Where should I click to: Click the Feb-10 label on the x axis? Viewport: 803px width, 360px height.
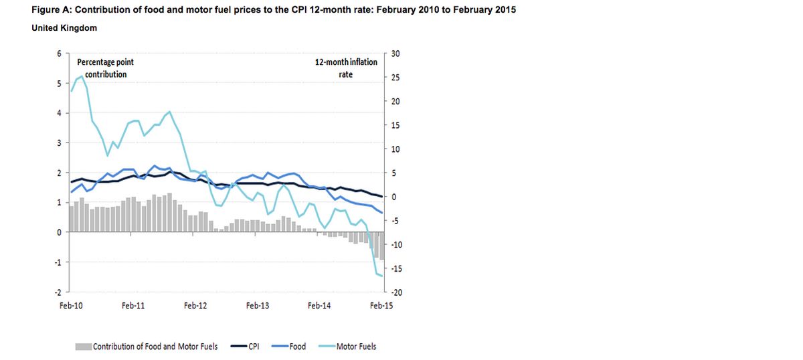pos(71,305)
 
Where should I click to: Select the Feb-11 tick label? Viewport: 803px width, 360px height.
pos(133,305)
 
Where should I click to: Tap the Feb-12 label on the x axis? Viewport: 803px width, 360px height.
pos(195,305)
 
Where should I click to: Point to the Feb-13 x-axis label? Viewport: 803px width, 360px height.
pos(258,305)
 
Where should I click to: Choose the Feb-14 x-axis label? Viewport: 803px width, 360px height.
pos(319,305)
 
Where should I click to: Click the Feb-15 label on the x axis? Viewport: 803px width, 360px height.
pos(381,305)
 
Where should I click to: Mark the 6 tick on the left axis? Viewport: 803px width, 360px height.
pos(60,54)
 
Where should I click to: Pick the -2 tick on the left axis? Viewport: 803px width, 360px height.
pos(58,292)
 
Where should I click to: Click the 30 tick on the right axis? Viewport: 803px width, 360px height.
pos(395,54)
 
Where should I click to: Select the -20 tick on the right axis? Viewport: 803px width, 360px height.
pos(395,292)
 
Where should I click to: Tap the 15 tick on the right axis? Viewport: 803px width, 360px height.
pos(395,125)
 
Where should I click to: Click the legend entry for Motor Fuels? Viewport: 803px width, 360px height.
pos(356,347)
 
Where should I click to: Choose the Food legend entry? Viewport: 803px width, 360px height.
pos(297,347)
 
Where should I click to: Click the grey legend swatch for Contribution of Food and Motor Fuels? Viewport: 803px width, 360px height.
pos(82,347)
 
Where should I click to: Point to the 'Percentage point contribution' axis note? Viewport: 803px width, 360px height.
pos(106,68)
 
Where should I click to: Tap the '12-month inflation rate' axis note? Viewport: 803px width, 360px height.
pos(346,68)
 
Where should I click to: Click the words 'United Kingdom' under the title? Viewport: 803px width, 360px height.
pos(64,28)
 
